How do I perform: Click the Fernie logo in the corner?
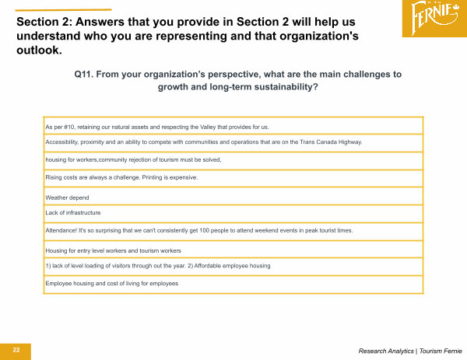tap(434, 19)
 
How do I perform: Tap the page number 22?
tap(16, 350)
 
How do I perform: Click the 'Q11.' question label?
tap(84, 74)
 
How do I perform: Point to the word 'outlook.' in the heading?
tap(40, 50)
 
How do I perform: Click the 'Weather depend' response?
tap(67, 197)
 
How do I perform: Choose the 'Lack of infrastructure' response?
tap(73, 213)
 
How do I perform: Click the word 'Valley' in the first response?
tap(208, 127)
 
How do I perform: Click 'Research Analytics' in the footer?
tap(386, 351)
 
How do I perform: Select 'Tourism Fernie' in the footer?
tap(441, 351)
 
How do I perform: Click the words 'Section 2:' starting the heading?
tap(44, 22)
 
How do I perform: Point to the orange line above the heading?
tap(64, 10)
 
